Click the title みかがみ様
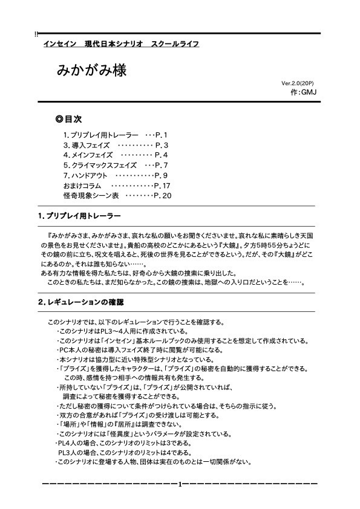pos(92,69)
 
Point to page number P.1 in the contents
pos(161,135)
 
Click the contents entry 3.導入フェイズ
pos(86,145)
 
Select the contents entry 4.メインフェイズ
pos(88,155)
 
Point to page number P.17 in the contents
pos(163,185)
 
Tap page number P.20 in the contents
pos(163,195)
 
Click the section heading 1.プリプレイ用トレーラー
pos(79,216)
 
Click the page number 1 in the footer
pos(180,484)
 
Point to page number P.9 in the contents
pos(161,175)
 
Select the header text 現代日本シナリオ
pos(112,44)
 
